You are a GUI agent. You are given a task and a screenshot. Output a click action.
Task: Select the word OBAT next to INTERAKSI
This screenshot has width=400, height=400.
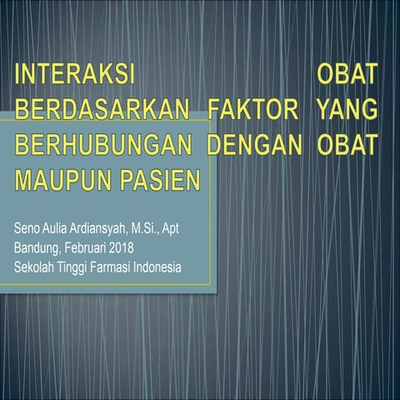[x=347, y=76]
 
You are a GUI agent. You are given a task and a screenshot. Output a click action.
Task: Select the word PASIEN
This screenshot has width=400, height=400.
[x=158, y=178]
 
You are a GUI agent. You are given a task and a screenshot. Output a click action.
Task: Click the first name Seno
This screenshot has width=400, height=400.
[x=27, y=227]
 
